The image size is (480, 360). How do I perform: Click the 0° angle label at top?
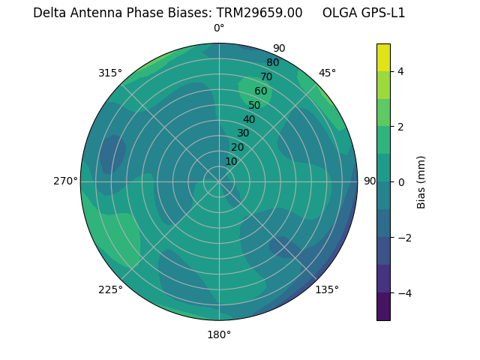219,28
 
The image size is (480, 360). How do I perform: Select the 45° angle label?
327,73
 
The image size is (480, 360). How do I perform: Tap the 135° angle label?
327,289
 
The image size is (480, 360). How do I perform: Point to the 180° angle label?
219,334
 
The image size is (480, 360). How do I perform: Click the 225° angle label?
110,289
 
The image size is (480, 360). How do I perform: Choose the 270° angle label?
65,181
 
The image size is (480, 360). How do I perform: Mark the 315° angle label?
110,73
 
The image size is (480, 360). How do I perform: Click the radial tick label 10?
231,161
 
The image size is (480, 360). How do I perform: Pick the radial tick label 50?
254,105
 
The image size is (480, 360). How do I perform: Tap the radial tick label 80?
272,62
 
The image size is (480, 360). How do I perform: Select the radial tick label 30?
243,133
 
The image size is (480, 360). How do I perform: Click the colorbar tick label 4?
401,71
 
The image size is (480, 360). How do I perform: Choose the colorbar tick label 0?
401,182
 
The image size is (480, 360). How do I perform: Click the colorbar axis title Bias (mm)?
421,182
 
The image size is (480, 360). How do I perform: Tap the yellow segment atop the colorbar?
383,57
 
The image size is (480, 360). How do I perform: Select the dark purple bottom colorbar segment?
383,307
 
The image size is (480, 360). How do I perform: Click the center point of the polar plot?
219,181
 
